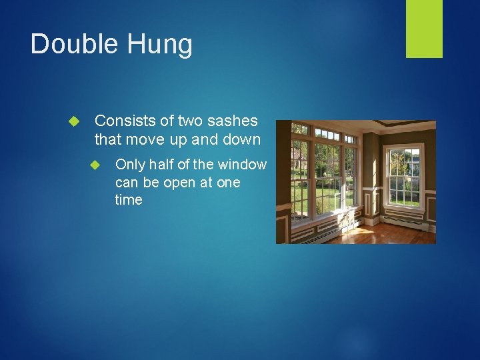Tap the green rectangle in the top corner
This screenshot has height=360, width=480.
[x=424, y=28]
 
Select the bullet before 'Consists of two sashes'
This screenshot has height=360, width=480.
[x=74, y=122]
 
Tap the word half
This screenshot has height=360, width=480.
[x=160, y=165]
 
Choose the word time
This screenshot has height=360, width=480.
[x=129, y=200]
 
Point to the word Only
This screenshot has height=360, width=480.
[x=129, y=165]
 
